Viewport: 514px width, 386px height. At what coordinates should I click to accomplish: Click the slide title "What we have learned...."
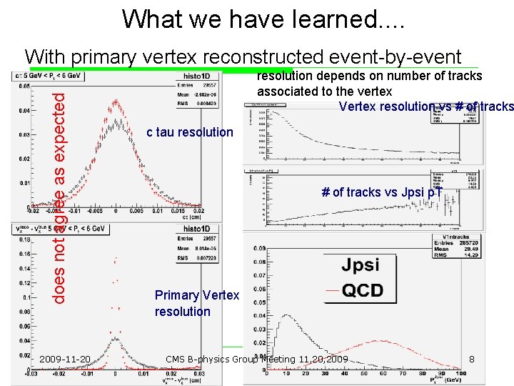click(263, 19)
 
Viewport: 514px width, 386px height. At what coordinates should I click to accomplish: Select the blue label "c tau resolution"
click(189, 132)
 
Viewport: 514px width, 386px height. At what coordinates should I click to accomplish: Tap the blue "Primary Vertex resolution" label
click(197, 303)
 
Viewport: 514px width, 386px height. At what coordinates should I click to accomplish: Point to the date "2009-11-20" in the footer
click(65, 359)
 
